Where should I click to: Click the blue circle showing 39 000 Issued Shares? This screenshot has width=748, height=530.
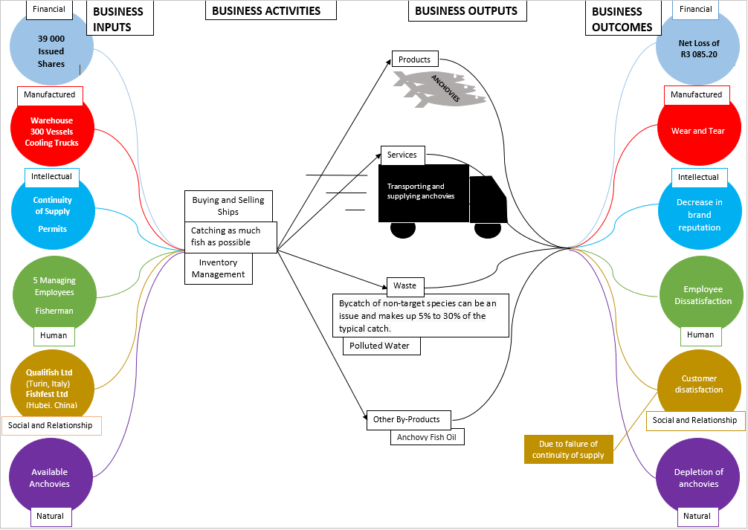[x=51, y=51]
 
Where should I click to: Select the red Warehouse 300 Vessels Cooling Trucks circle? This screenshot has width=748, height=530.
[x=51, y=132]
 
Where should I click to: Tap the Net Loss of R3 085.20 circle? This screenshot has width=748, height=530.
[x=698, y=49]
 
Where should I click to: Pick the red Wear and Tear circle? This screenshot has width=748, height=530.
[x=697, y=131]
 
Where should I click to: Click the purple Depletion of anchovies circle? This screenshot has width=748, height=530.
[x=698, y=478]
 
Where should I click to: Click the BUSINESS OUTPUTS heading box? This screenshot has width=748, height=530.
[x=466, y=10]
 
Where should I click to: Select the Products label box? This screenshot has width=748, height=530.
[x=415, y=59]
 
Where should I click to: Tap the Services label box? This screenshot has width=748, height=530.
[x=402, y=155]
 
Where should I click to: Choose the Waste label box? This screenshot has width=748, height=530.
[x=405, y=285]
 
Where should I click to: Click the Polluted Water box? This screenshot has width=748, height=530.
[x=380, y=346]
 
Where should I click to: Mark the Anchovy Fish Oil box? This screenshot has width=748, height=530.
[x=427, y=437]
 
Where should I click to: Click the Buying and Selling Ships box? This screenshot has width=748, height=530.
[x=228, y=206]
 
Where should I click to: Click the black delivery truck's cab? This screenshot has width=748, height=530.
[x=489, y=199]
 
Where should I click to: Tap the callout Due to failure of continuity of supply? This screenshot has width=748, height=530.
[x=568, y=449]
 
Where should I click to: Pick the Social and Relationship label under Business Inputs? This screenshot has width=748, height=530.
[x=51, y=425]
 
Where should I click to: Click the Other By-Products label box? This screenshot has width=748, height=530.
[x=408, y=419]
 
